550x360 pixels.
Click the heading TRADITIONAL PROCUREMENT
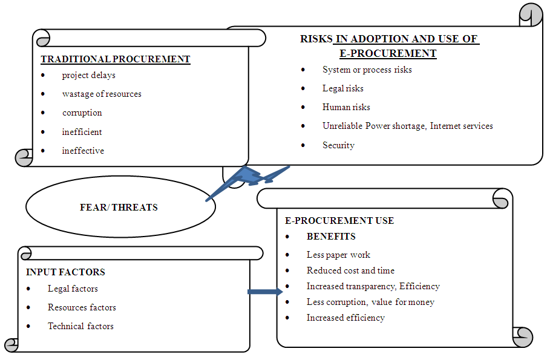pos(115,59)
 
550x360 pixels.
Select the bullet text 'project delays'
pos(88,76)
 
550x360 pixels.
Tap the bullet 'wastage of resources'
pos(102,94)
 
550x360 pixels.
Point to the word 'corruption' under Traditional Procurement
pos(82,113)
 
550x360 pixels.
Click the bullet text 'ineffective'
pos(83,151)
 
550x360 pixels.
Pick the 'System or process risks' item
pos(367,70)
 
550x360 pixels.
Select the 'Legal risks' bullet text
pos(342,88)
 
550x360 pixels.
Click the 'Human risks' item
pos(346,107)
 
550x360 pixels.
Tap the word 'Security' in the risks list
pos(338,145)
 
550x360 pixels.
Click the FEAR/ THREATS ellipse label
pos(119,207)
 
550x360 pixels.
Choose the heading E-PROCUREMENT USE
pos(339,221)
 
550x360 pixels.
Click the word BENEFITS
pos(331,237)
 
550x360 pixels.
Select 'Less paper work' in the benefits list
pos(338,255)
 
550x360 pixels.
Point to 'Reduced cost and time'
pos(350,270)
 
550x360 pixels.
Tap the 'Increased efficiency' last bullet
pos(345,318)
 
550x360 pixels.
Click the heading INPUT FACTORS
pos(65,272)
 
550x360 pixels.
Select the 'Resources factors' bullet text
pos(82,307)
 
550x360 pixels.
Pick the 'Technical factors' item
pos(80,326)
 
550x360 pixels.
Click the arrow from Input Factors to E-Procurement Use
pos(265,292)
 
